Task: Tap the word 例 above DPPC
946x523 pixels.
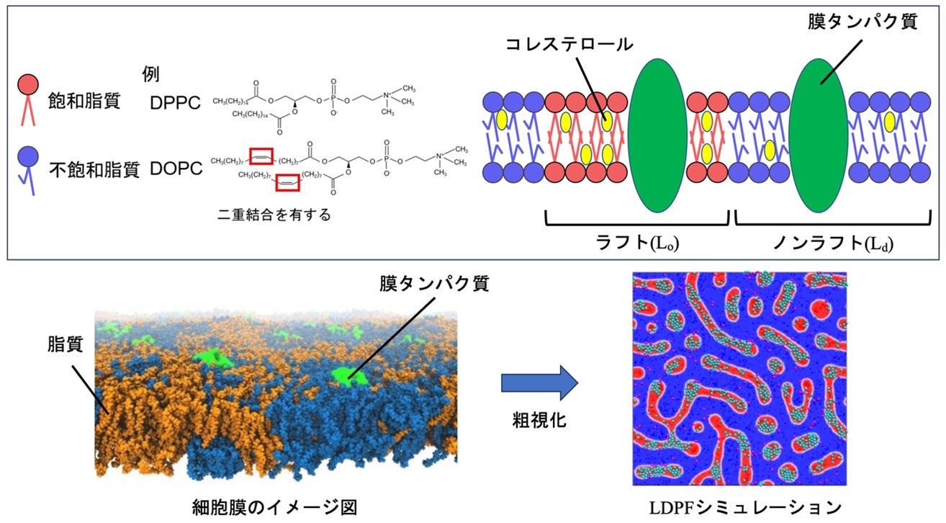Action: pyautogui.click(x=151, y=74)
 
